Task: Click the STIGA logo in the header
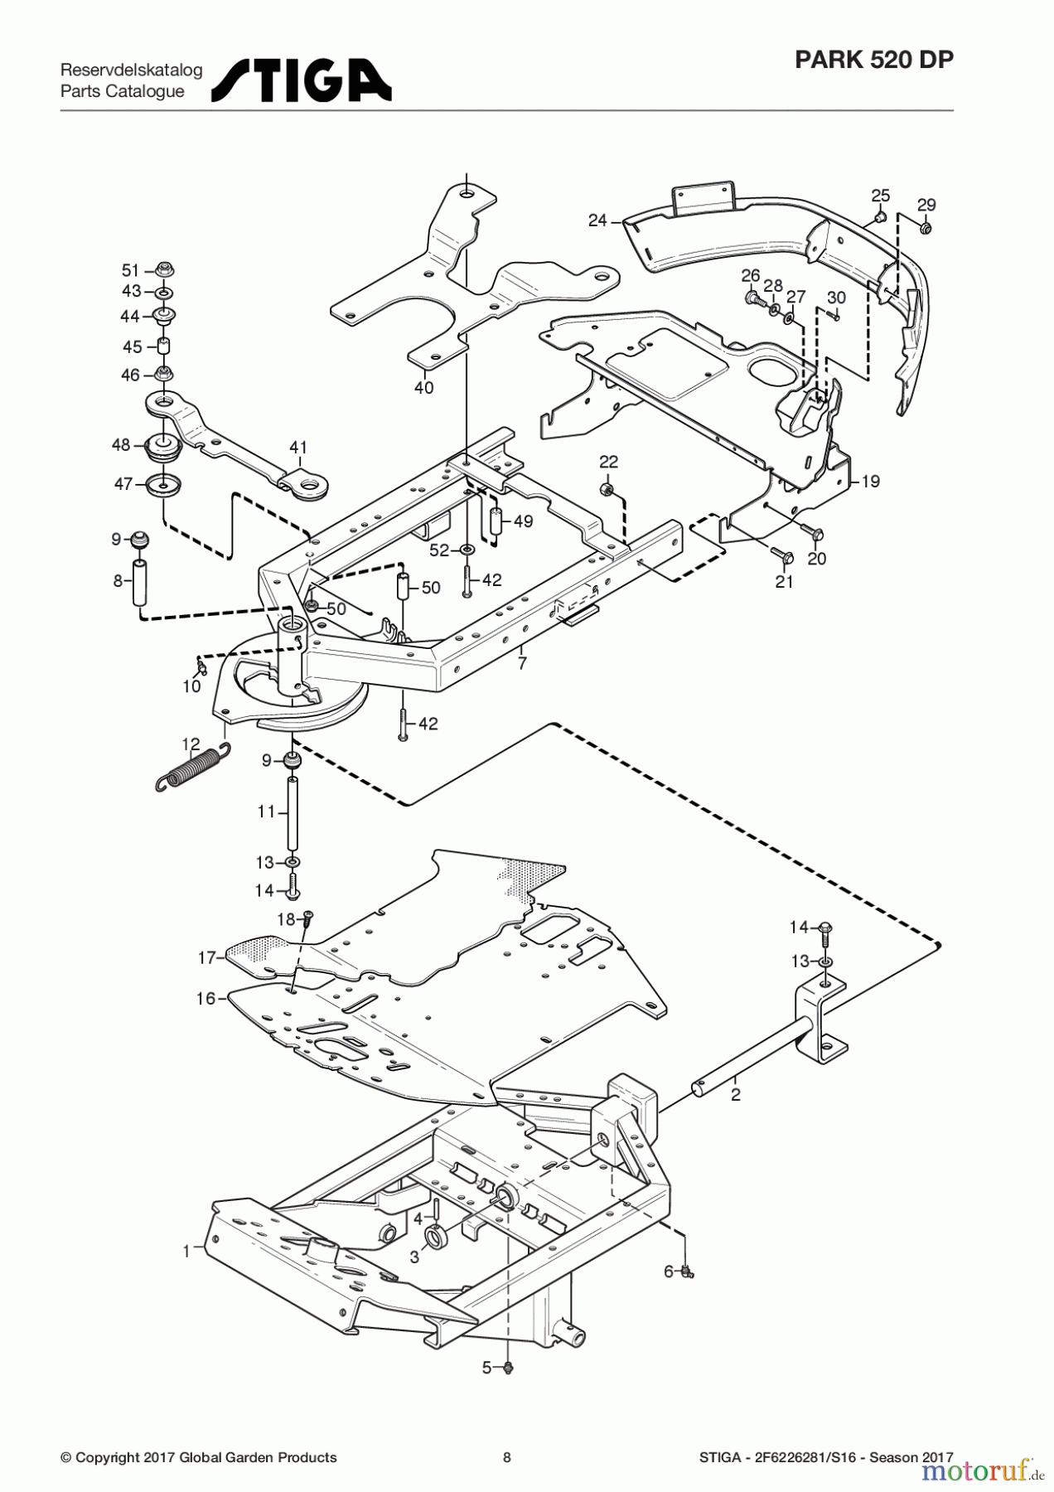click(302, 80)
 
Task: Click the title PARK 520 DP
click(873, 61)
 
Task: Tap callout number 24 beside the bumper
click(597, 220)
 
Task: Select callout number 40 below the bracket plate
click(423, 387)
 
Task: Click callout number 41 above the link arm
click(298, 448)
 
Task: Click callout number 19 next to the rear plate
click(870, 482)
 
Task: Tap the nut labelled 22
click(607, 490)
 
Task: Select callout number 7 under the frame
click(521, 663)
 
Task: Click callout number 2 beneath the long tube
click(735, 1094)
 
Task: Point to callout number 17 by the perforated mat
click(206, 957)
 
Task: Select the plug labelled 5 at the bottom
click(509, 1368)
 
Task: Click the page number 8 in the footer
click(507, 1457)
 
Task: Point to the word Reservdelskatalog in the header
click(131, 70)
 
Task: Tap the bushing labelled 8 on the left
click(141, 582)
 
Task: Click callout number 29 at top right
click(926, 205)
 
